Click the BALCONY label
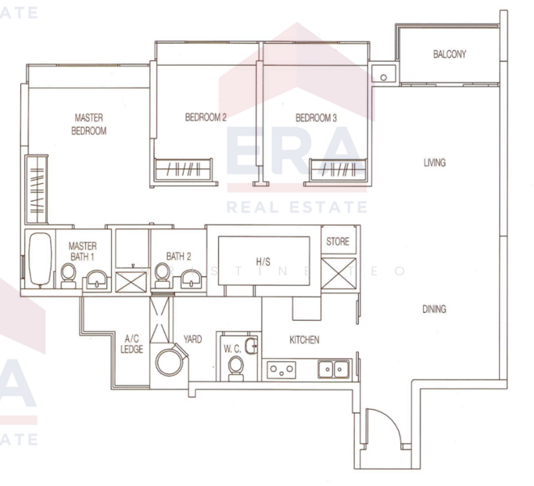click(x=449, y=55)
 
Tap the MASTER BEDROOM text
click(x=88, y=124)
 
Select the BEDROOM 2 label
click(x=205, y=117)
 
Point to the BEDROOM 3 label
click(x=316, y=117)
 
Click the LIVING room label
click(x=434, y=163)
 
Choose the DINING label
click(x=434, y=309)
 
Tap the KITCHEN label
click(x=304, y=340)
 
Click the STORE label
click(x=337, y=241)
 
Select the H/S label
click(x=263, y=262)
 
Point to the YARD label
click(x=193, y=340)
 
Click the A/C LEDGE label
click(x=132, y=344)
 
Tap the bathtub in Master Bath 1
click(x=39, y=260)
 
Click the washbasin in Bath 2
click(x=192, y=279)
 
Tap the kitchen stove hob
click(x=281, y=370)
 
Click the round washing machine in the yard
click(x=171, y=360)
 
